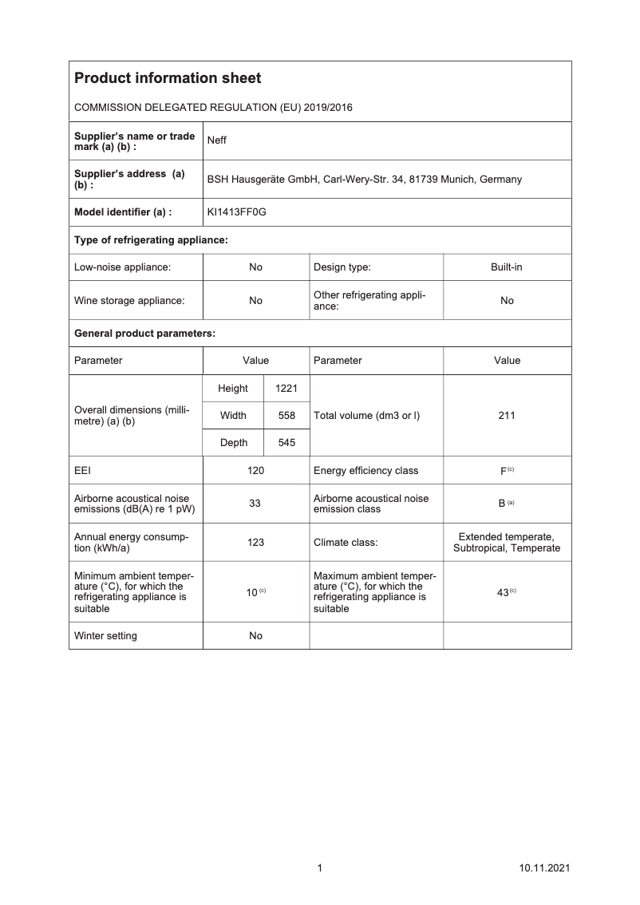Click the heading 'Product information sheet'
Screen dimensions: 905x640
coord(168,78)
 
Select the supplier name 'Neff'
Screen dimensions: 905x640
coord(216,140)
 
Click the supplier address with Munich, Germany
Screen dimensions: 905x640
coord(364,179)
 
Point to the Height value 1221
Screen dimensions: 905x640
coord(286,389)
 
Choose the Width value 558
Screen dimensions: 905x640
coord(286,416)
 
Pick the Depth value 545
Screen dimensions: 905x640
coord(286,443)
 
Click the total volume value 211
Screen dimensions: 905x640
coord(507,416)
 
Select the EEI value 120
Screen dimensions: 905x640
coord(255,471)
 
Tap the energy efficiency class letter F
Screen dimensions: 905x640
coord(504,471)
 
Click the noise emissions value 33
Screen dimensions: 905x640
coord(255,504)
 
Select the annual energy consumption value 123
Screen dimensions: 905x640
coord(255,543)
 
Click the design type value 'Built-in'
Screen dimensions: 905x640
coord(507,267)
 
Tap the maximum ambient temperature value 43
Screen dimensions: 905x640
coord(503,592)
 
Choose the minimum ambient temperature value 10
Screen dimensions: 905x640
coord(251,592)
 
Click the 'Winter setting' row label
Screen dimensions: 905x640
coord(105,636)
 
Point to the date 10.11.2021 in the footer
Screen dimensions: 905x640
coord(543,868)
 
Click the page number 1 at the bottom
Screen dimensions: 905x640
coord(320,868)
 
